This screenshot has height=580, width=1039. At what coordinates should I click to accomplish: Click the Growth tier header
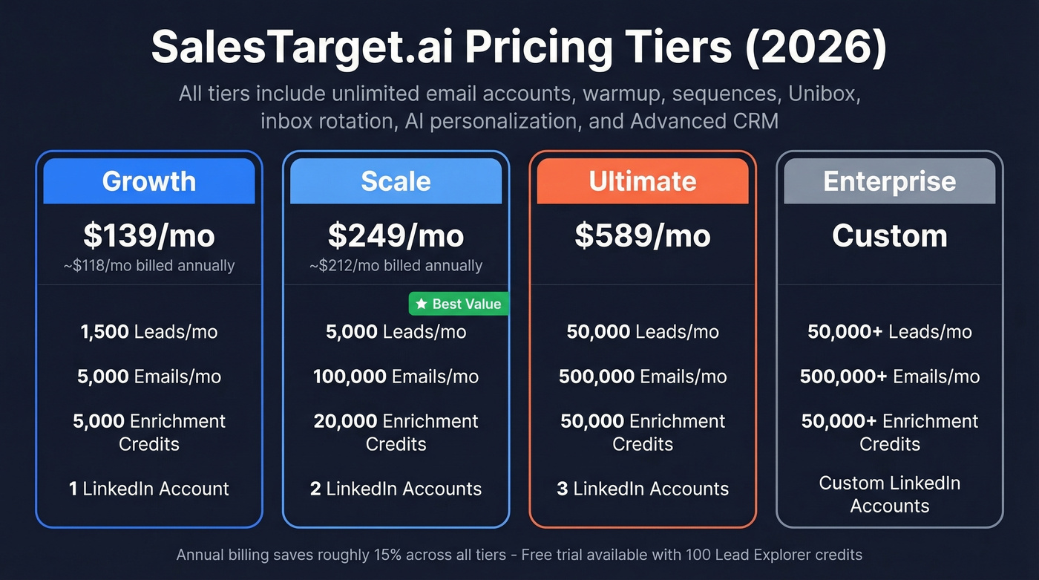(x=148, y=181)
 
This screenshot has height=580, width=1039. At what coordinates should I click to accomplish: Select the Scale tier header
(x=396, y=181)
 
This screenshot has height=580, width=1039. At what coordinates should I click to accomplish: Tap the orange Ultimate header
(x=643, y=181)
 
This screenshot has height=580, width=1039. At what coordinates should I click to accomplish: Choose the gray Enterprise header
(x=889, y=181)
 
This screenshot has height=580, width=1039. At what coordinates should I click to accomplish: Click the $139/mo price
(x=148, y=235)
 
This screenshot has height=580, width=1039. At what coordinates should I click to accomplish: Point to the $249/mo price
(x=396, y=235)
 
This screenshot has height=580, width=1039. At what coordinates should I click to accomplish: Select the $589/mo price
(x=643, y=235)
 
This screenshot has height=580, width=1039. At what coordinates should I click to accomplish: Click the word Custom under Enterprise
(x=889, y=235)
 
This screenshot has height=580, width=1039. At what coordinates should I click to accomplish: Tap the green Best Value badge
(x=459, y=303)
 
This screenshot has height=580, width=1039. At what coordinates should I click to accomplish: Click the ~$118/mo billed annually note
(x=148, y=265)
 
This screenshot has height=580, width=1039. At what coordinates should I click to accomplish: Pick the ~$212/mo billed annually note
(x=396, y=265)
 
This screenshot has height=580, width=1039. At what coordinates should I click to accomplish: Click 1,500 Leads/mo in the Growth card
(x=148, y=331)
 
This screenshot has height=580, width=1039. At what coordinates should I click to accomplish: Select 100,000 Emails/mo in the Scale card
(x=396, y=377)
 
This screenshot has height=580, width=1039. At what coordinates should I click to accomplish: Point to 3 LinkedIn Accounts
(x=643, y=489)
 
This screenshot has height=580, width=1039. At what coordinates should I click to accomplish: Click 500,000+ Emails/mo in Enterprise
(x=889, y=377)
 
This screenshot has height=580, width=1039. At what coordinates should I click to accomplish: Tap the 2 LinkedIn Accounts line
(x=396, y=489)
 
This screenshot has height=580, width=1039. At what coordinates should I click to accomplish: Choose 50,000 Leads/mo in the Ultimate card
(x=643, y=331)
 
